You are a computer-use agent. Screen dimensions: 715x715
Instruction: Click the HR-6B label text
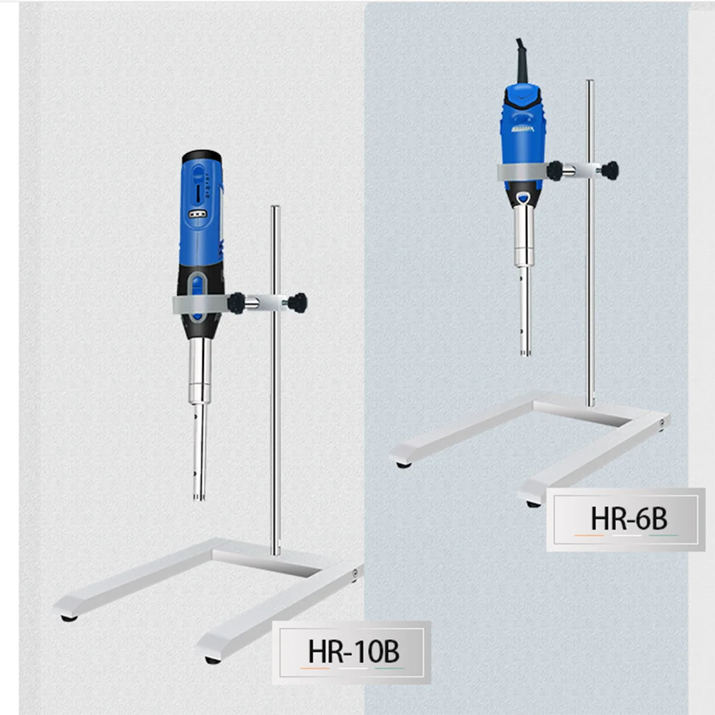click(x=628, y=520)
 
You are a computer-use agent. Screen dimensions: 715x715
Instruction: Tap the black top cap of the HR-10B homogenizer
click(x=200, y=156)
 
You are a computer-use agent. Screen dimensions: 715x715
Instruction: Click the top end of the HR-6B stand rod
click(x=590, y=84)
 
